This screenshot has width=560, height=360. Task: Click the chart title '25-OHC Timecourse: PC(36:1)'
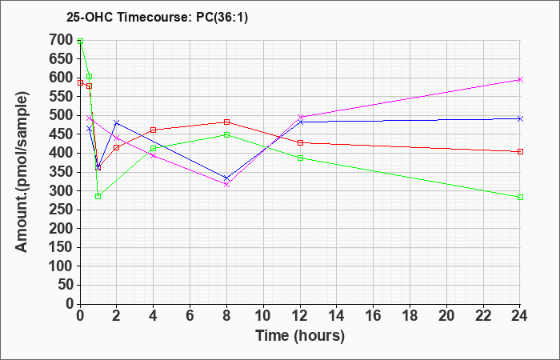tap(157, 17)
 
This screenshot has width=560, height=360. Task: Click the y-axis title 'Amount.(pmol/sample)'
tap(22, 172)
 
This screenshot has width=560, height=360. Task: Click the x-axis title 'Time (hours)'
tap(300, 336)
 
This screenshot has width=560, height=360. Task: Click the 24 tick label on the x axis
tap(520, 316)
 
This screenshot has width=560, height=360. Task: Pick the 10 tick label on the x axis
tap(263, 316)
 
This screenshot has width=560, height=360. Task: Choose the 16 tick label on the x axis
tap(374, 316)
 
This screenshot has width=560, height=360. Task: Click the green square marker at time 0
tap(80, 42)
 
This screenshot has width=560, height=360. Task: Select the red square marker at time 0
tap(80, 83)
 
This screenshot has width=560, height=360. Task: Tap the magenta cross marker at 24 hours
tap(520, 80)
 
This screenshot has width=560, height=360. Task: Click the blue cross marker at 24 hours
tap(520, 118)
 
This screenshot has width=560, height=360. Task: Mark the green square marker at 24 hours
tap(520, 197)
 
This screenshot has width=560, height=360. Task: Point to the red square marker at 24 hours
tap(520, 152)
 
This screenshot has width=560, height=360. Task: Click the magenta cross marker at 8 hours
tap(226, 185)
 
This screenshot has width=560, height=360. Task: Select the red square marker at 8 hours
tap(226, 122)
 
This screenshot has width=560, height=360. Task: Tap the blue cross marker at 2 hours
tap(117, 123)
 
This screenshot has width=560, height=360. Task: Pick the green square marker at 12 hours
tap(300, 158)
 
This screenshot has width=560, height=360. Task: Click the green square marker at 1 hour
tap(98, 197)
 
